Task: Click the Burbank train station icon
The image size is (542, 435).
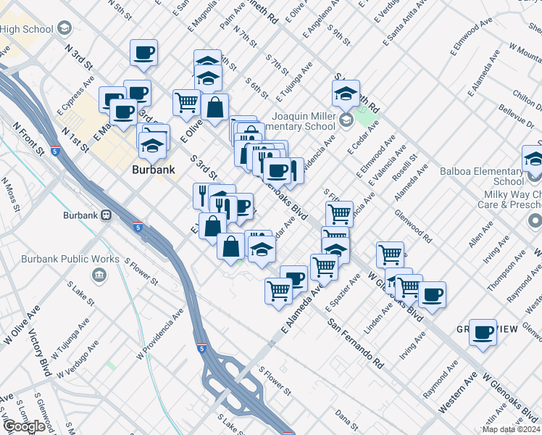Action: (107, 215)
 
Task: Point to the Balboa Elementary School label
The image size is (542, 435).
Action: (481, 176)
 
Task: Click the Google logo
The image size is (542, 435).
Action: (25, 426)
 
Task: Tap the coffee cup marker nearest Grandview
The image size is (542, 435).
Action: (483, 332)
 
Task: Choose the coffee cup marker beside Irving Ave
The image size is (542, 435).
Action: (432, 294)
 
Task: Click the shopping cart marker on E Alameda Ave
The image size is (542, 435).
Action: (278, 291)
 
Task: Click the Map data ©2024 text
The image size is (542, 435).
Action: (511, 429)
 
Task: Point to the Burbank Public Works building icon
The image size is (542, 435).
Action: (100, 275)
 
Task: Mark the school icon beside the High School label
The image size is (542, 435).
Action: (64, 29)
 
